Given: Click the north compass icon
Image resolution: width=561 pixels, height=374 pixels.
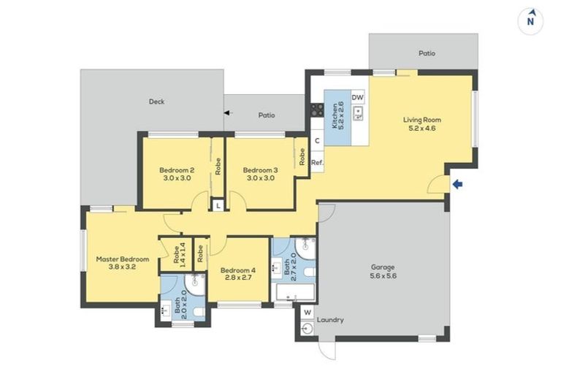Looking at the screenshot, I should point(532,20).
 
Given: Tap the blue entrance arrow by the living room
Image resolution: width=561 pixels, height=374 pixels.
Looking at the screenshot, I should point(458,185).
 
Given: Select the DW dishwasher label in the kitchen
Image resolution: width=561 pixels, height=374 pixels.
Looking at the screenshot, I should point(357,97).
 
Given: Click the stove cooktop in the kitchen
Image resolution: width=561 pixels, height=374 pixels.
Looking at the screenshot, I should point(317,110).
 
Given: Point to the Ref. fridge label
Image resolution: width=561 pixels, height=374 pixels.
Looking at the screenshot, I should point(317,162).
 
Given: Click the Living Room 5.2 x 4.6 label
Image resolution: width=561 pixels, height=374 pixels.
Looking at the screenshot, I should point(422,124).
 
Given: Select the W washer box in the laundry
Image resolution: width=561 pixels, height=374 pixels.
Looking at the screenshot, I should point(307,313).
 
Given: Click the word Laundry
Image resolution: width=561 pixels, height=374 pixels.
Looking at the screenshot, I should point(330,320).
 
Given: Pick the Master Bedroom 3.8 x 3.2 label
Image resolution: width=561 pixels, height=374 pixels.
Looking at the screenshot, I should point(123,263).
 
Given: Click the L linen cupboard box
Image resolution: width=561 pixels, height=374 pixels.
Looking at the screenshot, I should point(218,207).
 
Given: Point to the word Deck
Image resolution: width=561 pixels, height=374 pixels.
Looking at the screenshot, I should point(156,102).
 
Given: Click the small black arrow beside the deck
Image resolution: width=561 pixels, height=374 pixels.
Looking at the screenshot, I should point(227,112).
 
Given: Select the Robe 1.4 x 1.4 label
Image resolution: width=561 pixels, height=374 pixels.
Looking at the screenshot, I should point(179,253).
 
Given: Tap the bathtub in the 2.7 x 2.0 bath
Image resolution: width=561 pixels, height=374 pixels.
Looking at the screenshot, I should point(294,294).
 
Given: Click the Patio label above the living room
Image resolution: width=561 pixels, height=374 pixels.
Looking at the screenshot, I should point(427,53).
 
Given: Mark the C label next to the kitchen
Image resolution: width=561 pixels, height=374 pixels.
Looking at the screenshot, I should point(317,141).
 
